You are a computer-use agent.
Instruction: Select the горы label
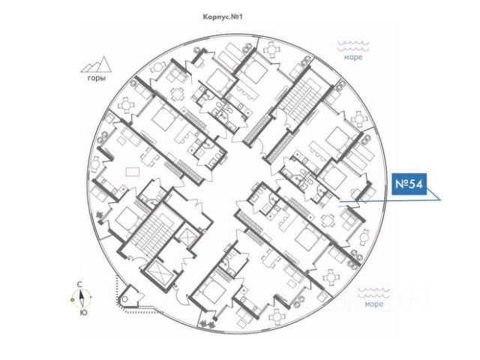[96, 77]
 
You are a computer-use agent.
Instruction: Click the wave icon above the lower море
[372, 292]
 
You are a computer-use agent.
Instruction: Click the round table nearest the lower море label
[330, 277]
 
